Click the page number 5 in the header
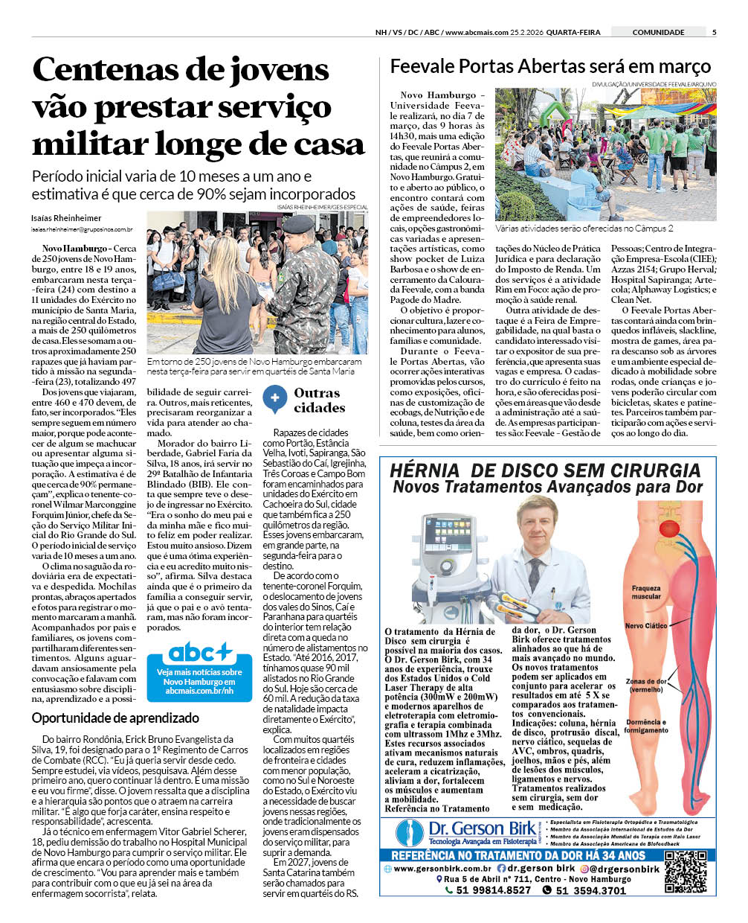click(x=714, y=32)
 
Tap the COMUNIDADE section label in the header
click(x=658, y=32)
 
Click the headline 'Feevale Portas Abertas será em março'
click(x=550, y=66)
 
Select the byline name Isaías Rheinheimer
click(x=66, y=218)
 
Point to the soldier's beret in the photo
click(x=299, y=223)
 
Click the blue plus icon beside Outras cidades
click(x=274, y=399)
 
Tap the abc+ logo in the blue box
click(x=199, y=653)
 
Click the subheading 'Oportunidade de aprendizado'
click(x=115, y=718)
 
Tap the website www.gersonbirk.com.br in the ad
click(x=442, y=868)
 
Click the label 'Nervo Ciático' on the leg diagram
click(x=645, y=626)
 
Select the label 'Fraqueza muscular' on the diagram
click(x=645, y=592)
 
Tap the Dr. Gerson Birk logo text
click(x=481, y=828)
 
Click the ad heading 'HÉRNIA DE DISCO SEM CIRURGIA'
click(x=545, y=470)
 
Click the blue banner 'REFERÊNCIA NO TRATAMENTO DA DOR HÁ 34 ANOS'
click(x=518, y=855)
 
